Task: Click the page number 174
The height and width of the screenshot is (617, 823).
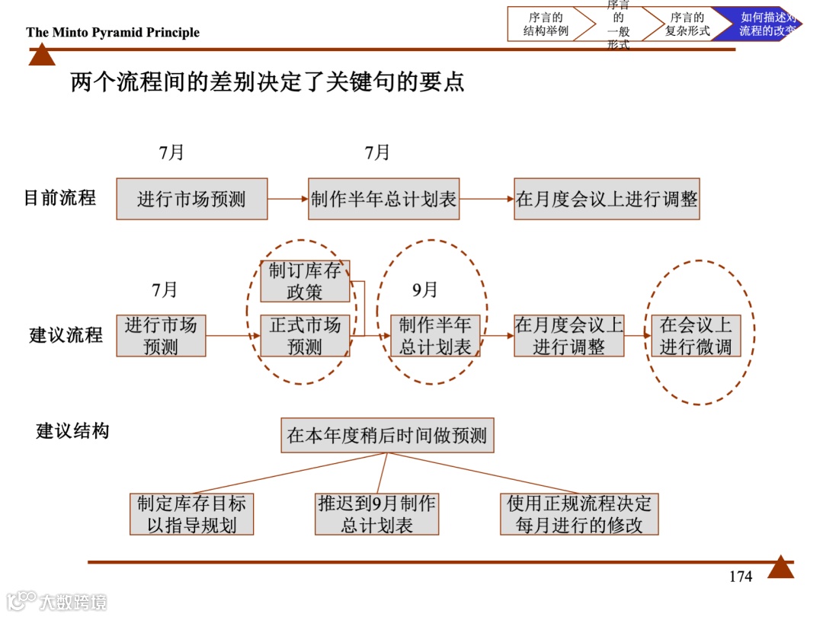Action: coord(740,577)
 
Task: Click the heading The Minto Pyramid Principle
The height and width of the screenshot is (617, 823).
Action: coord(113,32)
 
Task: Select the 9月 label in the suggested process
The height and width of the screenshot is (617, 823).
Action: coord(425,290)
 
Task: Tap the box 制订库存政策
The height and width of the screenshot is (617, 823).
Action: coord(305,281)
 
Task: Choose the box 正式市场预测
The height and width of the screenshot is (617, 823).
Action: coord(305,336)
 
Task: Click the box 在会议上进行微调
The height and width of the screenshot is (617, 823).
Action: coord(695,336)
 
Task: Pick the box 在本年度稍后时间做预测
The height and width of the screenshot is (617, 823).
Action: coord(387,436)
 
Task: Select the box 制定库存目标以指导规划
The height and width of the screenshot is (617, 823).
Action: coord(191,514)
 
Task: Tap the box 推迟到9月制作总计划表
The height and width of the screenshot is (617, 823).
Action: coord(377,514)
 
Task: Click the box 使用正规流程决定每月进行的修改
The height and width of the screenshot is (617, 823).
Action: coord(579,514)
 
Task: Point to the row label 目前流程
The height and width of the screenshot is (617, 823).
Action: coord(60,198)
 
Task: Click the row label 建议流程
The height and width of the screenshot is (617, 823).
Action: coord(66,334)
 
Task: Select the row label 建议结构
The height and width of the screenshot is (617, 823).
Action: coord(72,431)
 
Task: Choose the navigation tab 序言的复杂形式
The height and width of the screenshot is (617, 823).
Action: coord(686,24)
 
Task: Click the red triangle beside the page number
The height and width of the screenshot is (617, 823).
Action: coord(780,567)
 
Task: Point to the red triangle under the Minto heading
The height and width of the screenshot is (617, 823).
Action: coord(42,55)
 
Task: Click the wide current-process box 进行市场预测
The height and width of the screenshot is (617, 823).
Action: coord(192,200)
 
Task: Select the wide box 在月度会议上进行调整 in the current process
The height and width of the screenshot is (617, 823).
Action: coord(607,200)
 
